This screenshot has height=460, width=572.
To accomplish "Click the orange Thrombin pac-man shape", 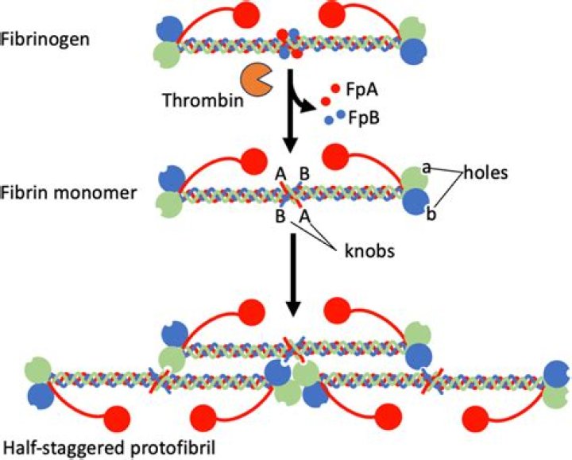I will coord(256,79).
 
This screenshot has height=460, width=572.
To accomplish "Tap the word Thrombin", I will coord(194,101).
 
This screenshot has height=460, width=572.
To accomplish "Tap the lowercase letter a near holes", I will coord(426,168).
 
